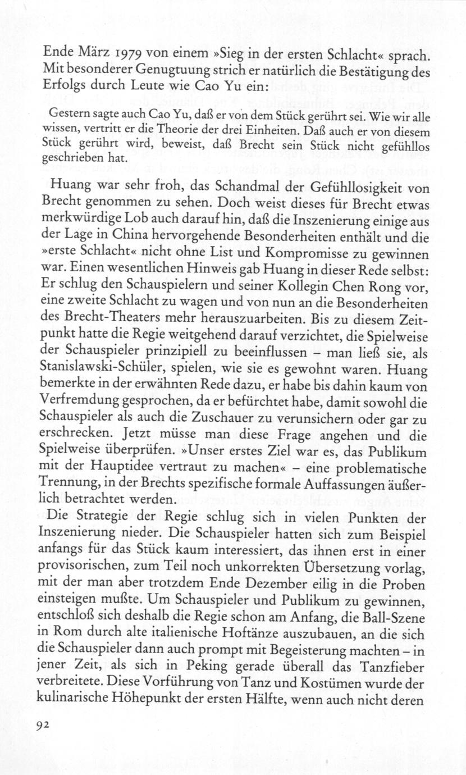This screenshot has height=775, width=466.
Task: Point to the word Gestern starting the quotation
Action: click(66, 116)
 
